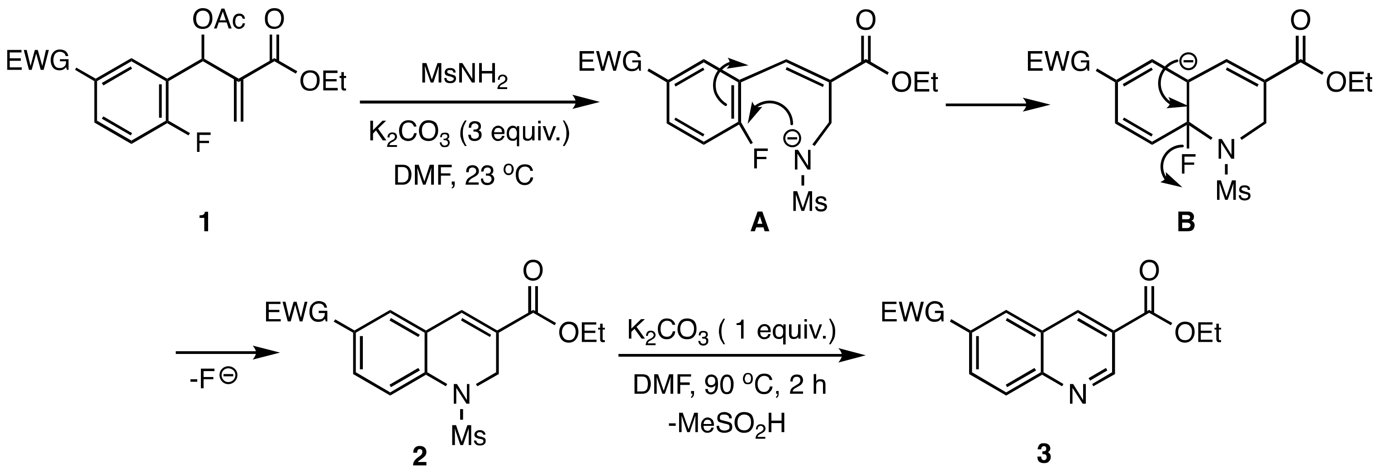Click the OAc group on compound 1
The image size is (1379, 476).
pyautogui.click(x=219, y=21)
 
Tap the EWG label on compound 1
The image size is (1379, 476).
pyautogui.click(x=38, y=61)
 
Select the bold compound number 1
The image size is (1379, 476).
pyautogui.click(x=204, y=222)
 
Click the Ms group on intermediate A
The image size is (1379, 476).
pyautogui.click(x=809, y=202)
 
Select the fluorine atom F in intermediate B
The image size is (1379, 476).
pyautogui.click(x=1187, y=164)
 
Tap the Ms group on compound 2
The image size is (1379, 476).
pyautogui.click(x=468, y=436)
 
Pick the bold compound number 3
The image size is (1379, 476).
pyautogui.click(x=1044, y=455)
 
